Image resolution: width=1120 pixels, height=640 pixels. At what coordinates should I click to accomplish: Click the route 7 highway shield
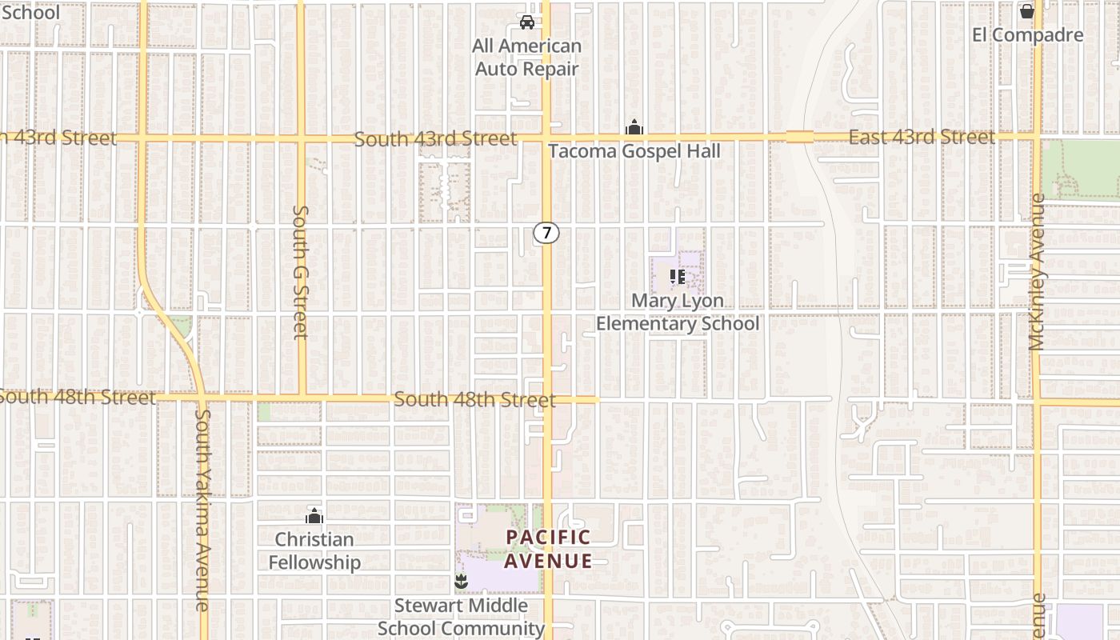click(546, 233)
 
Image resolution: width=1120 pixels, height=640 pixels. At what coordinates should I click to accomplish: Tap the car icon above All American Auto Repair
click(527, 22)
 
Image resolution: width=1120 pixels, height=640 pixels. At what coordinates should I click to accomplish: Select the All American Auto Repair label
click(527, 58)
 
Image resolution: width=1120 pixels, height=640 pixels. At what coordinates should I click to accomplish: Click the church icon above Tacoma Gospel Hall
click(634, 127)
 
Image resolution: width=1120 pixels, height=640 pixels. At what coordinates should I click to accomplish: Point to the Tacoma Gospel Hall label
click(634, 151)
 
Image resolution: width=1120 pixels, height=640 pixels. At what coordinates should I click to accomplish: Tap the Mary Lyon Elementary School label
click(678, 312)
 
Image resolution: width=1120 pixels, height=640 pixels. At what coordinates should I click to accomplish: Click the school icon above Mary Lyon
click(678, 277)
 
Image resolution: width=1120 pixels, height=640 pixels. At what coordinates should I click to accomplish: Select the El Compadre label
click(1028, 35)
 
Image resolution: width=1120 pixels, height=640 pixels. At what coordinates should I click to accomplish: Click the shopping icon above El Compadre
click(1027, 11)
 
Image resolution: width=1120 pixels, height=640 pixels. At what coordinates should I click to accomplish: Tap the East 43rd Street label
click(922, 138)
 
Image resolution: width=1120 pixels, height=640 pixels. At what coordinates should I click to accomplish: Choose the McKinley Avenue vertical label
click(1038, 272)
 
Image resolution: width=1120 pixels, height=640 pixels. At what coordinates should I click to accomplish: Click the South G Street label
click(301, 272)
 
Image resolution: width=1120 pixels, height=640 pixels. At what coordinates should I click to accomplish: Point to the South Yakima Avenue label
click(203, 510)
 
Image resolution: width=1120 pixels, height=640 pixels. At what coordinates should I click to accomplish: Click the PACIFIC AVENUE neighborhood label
click(549, 549)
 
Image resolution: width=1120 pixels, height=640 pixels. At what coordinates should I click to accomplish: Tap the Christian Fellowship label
click(314, 550)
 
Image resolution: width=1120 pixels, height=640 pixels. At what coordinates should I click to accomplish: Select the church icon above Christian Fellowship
click(314, 516)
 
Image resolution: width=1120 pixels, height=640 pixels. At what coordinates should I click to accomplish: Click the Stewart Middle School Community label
click(461, 617)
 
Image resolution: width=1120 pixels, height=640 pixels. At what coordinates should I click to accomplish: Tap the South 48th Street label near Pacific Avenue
click(474, 399)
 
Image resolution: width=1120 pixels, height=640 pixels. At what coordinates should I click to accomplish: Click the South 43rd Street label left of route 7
click(435, 139)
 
